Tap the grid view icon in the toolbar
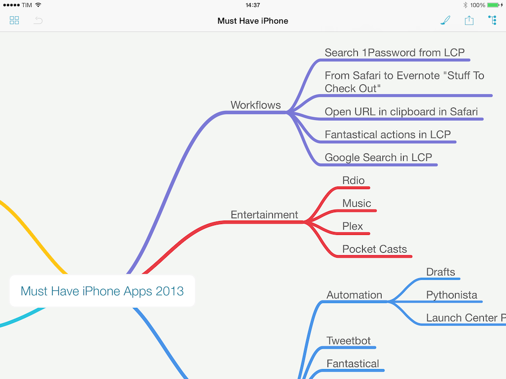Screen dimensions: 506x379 tap(14, 21)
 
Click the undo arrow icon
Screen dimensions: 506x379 tap(38, 21)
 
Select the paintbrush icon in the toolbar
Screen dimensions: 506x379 tap(445, 20)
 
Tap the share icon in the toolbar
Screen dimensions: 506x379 tap(469, 20)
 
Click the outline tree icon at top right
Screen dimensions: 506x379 tap(493, 20)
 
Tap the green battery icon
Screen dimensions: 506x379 tap(493, 5)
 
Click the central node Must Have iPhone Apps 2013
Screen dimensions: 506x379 tap(102, 291)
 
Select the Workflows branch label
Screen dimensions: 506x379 tap(255, 105)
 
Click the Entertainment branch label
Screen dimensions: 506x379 tap(264, 215)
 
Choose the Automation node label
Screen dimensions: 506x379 tap(354, 295)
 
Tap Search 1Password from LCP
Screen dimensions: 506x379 tap(394, 52)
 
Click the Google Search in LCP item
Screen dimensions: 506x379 tap(378, 157)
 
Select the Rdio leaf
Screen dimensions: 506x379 tap(353, 181)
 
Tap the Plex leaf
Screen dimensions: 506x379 tap(352, 226)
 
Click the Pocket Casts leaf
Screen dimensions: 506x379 tap(375, 249)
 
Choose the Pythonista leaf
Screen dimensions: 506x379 tap(452, 295)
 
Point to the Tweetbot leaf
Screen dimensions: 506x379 tap(348, 341)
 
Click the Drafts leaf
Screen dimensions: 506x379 tap(440, 272)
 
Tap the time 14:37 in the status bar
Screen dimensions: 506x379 tap(253, 5)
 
